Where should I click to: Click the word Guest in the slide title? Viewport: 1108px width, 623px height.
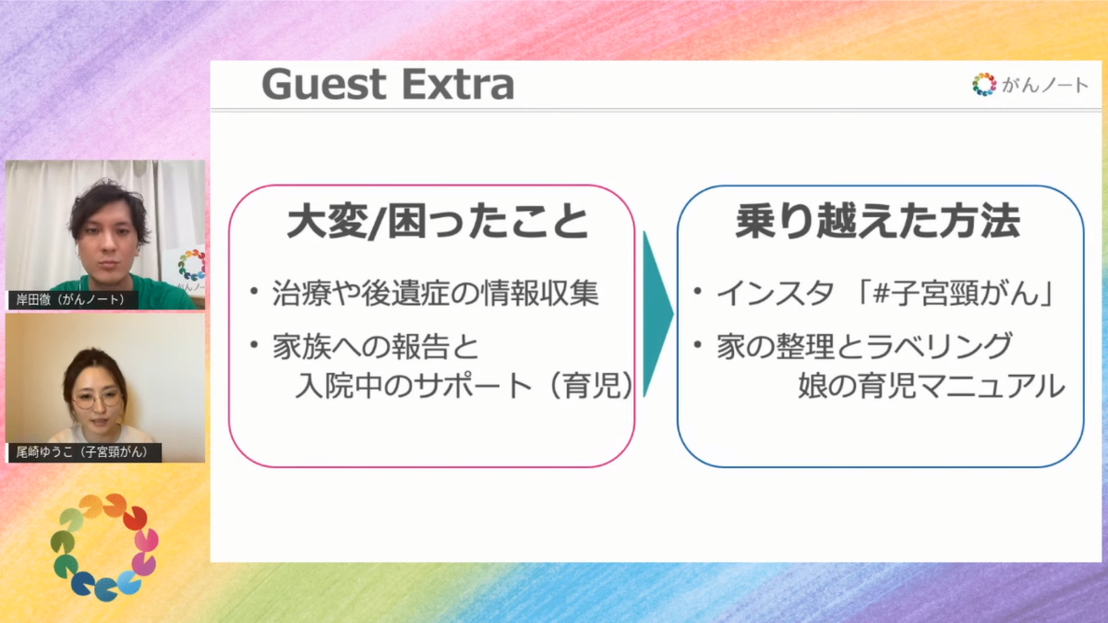click(x=323, y=85)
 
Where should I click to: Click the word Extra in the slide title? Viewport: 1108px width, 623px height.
click(x=458, y=85)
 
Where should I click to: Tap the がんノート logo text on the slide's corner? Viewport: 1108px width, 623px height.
click(x=1044, y=85)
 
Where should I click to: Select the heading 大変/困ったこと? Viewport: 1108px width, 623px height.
click(x=438, y=221)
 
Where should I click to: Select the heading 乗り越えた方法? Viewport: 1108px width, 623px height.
click(x=877, y=221)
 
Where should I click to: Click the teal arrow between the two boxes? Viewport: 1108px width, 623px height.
click(x=657, y=314)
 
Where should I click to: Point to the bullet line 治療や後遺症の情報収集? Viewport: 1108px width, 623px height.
click(x=435, y=294)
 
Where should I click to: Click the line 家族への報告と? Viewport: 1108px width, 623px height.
click(x=376, y=347)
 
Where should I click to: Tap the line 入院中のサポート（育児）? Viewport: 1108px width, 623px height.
click(x=464, y=385)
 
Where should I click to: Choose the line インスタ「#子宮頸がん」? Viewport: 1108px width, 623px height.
click(x=885, y=294)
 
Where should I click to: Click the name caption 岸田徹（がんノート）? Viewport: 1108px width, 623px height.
click(x=73, y=300)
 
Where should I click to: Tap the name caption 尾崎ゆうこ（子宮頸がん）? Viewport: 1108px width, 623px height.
click(x=84, y=452)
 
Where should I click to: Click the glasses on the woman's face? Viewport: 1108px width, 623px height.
click(x=96, y=401)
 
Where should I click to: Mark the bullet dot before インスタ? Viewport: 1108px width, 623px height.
click(x=697, y=291)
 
